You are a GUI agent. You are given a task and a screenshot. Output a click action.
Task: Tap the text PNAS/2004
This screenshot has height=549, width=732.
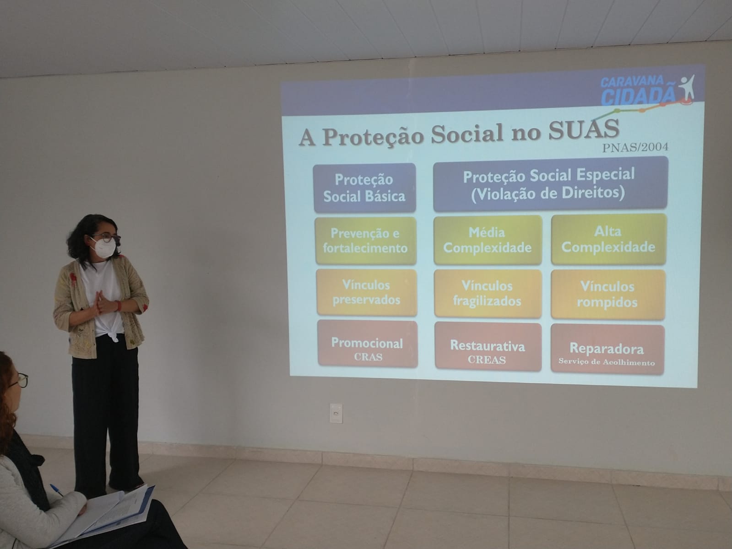click(635, 147)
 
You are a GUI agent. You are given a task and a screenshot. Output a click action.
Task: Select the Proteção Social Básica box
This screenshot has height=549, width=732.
click(364, 188)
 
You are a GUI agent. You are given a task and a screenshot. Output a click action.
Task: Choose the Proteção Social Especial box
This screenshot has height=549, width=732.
click(550, 184)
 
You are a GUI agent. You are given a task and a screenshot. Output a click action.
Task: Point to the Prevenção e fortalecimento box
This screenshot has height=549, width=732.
click(365, 241)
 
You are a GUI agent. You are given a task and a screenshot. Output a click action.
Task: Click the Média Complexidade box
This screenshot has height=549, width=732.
click(488, 240)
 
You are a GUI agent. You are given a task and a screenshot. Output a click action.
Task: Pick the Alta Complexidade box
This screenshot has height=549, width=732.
click(608, 239)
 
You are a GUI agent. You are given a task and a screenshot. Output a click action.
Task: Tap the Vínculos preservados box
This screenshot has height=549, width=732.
click(367, 292)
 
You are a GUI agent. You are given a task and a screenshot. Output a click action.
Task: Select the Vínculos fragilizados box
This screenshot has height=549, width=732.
click(488, 294)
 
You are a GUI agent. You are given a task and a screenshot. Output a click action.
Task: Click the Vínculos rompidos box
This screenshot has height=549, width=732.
click(607, 295)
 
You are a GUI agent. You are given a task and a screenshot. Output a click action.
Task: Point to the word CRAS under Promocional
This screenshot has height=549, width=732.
click(368, 357)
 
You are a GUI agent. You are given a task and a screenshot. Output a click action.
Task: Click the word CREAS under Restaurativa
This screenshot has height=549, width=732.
click(487, 360)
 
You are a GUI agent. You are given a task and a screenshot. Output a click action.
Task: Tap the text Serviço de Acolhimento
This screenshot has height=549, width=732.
click(607, 362)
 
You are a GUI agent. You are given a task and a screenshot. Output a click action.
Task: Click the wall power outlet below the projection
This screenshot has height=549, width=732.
click(336, 413)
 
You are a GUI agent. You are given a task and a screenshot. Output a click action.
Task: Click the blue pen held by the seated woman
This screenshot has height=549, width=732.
click(56, 490)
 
